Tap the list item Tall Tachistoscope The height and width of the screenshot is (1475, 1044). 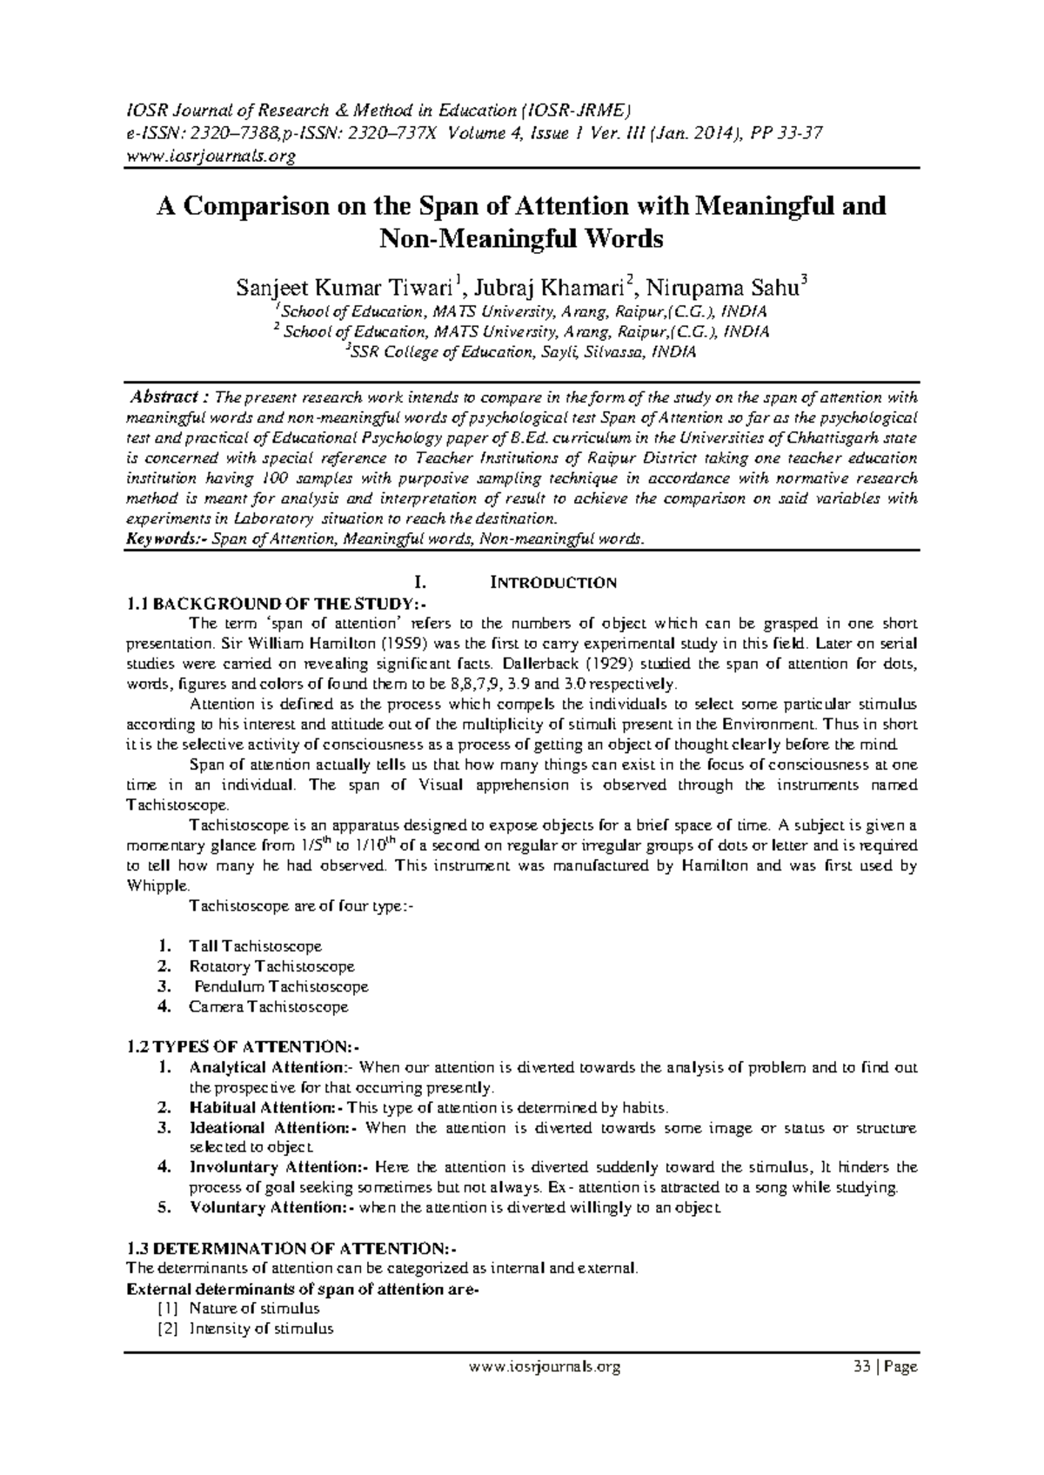256,946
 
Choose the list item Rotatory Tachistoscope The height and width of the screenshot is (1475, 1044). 271,966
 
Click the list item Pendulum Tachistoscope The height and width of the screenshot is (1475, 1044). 281,987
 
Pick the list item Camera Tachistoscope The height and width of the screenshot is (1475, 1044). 269,1007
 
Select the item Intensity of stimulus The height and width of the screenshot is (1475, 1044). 261,1329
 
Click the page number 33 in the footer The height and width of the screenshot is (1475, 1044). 862,1367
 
